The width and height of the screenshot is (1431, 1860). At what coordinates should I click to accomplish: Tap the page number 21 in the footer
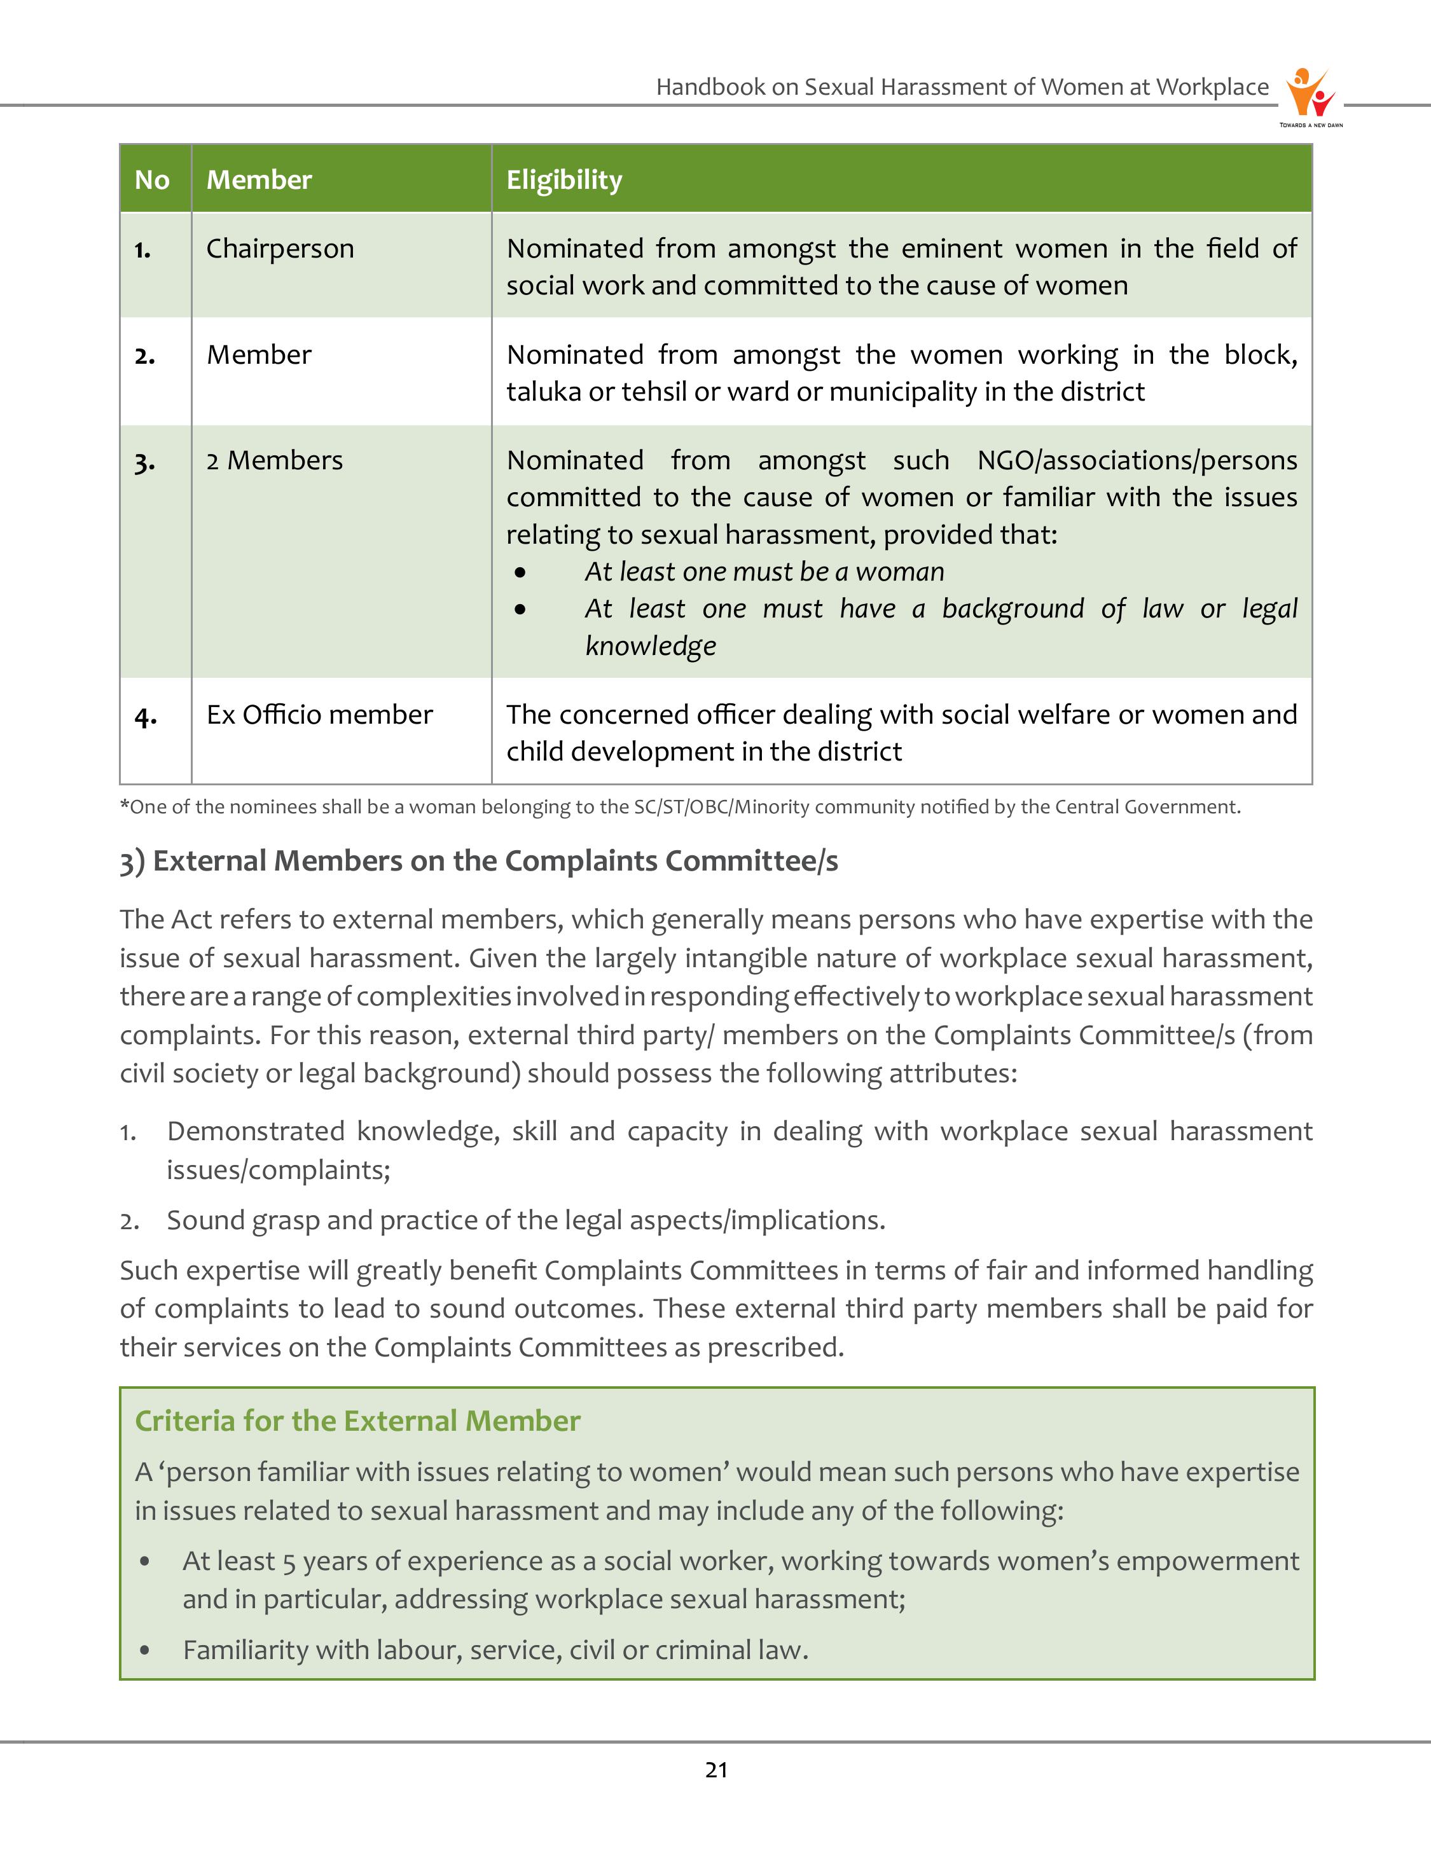(716, 1770)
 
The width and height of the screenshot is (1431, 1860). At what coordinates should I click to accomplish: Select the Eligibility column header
(564, 180)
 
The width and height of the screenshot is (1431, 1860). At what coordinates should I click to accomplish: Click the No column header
(151, 180)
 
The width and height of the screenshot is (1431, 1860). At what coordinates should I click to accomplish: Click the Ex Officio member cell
(319, 715)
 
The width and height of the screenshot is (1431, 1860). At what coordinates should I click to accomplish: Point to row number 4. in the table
(146, 716)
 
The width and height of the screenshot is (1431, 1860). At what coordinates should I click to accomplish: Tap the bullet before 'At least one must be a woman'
(520, 572)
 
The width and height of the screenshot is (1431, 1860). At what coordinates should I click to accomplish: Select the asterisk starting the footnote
(125, 805)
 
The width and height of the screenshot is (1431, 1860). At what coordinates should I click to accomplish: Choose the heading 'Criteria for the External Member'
(357, 1421)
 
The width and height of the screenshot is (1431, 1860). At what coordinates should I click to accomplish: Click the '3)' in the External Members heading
(132, 862)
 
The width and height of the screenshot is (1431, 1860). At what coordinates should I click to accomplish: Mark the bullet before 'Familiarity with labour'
(146, 1651)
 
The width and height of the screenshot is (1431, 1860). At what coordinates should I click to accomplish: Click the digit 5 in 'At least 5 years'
(289, 1562)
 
